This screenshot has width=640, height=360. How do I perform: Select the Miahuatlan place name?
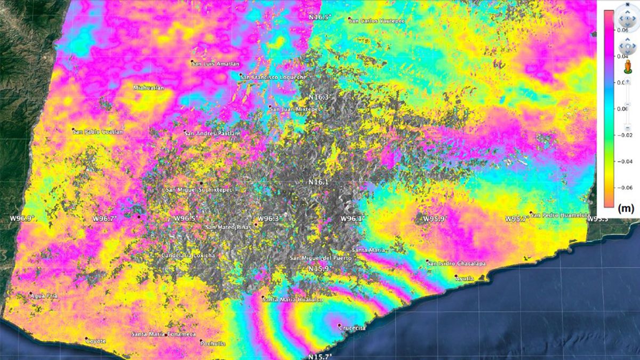(149, 87)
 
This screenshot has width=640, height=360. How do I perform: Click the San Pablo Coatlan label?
(99, 132)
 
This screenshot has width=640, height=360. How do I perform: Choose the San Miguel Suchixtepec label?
(199, 190)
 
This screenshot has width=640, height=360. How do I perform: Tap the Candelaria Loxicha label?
(189, 256)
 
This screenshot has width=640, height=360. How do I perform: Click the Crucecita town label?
(353, 328)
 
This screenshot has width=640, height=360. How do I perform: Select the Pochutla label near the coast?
(213, 344)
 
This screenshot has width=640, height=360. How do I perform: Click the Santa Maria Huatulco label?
(293, 300)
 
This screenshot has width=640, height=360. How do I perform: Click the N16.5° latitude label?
(320, 18)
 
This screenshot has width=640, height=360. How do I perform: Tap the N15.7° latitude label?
(320, 356)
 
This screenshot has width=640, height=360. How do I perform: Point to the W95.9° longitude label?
(435, 219)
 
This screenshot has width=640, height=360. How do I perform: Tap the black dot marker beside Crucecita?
(339, 325)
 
